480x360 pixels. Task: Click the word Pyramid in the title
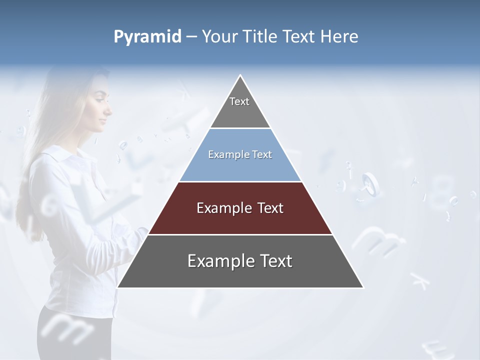(147, 37)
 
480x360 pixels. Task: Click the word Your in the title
(219, 37)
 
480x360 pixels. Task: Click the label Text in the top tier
(239, 101)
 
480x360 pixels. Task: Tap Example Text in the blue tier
(240, 155)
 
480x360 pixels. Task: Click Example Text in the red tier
(240, 208)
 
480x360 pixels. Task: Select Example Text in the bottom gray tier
(240, 261)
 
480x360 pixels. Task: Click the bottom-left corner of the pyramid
(118, 287)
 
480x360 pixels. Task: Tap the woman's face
(100, 107)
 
